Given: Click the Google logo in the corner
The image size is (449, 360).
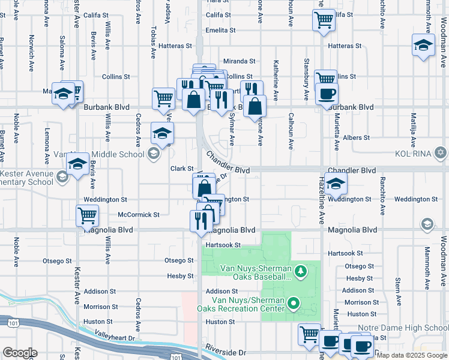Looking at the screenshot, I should pos(19,353).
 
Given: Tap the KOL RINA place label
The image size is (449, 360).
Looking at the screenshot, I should pos(412,152).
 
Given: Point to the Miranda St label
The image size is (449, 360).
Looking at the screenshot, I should pos(240,61).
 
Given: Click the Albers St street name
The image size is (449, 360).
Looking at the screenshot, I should pos(356,138).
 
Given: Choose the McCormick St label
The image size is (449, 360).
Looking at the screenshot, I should pos(139,214).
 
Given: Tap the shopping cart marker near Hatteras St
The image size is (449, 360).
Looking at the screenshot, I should pos(324,19).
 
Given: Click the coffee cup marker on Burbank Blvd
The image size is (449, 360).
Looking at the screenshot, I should pos(327,94).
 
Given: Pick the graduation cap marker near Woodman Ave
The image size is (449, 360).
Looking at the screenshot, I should pos(423,45).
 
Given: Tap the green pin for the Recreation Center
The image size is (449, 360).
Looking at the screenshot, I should pos(294,304).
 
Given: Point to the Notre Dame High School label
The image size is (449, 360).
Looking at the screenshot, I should pos(403,328).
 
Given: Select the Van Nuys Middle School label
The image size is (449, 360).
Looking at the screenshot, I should pos(110,154).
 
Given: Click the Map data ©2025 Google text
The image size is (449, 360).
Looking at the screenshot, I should pos(412,355).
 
